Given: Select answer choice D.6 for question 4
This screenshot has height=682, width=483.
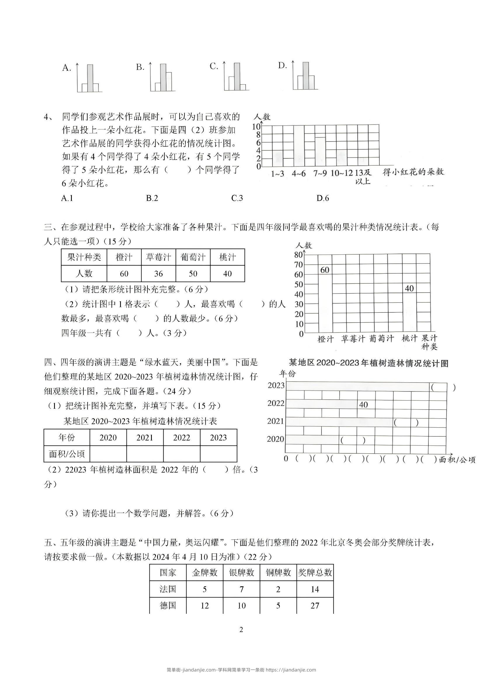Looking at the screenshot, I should (323, 198).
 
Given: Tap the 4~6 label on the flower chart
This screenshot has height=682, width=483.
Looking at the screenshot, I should (299, 174).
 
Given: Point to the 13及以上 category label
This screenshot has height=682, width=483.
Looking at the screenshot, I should (363, 176).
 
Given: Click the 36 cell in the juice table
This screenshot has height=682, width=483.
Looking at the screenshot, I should (159, 274).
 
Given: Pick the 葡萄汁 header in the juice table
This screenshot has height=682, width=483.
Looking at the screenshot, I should (193, 257).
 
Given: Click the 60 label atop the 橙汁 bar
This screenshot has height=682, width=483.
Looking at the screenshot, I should (325, 270).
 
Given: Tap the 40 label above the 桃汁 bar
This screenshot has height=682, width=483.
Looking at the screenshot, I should (409, 288).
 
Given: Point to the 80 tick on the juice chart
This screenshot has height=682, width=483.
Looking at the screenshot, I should (298, 255).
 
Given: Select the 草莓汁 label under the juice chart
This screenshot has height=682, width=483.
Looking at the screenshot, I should (353, 339).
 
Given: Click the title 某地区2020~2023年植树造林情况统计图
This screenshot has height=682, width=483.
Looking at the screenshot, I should (369, 363).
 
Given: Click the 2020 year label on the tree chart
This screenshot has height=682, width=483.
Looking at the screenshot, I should (275, 439).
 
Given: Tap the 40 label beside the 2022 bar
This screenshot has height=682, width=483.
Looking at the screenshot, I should (364, 405).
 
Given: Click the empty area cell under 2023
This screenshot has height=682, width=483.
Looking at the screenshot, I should (218, 454).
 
